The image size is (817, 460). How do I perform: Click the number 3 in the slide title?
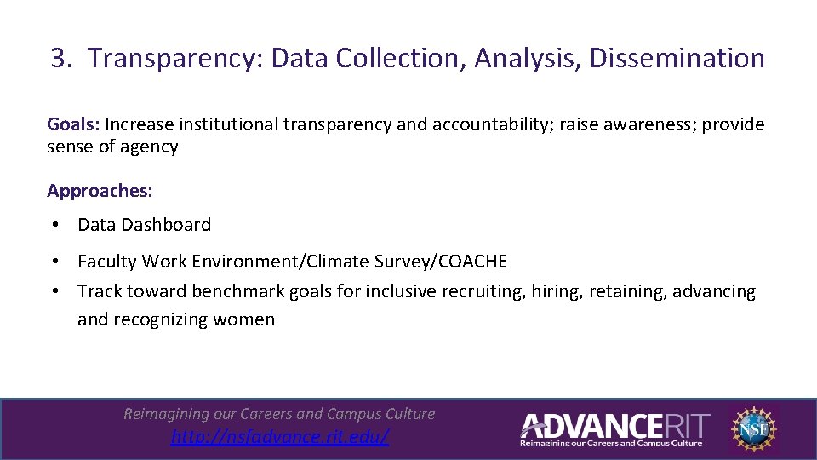click(x=57, y=59)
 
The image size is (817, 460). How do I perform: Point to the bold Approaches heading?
click(x=100, y=191)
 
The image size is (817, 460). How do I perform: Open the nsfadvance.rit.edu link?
click(x=280, y=437)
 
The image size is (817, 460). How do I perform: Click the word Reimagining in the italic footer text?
click(x=166, y=414)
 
